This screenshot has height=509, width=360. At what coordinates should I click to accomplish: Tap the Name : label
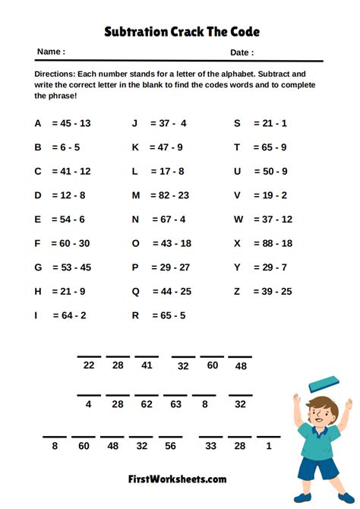click(51, 52)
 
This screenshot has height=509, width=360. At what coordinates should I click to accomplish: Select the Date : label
click(242, 52)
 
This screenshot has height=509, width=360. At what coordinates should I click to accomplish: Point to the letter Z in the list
click(237, 292)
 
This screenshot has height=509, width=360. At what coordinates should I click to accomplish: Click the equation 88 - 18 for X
click(271, 243)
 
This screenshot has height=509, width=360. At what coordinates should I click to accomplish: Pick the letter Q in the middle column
click(136, 292)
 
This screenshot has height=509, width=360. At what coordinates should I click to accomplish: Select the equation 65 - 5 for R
click(168, 315)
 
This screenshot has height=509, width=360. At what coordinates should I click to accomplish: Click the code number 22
click(89, 365)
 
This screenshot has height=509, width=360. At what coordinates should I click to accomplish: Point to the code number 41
click(147, 365)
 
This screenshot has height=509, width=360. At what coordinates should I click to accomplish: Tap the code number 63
click(175, 405)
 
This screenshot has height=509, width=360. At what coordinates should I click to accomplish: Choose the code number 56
click(171, 446)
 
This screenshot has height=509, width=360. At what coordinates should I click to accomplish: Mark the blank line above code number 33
click(211, 436)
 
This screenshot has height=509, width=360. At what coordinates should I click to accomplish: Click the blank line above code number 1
click(268, 436)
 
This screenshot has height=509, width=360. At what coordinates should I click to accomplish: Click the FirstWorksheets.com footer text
click(176, 479)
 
